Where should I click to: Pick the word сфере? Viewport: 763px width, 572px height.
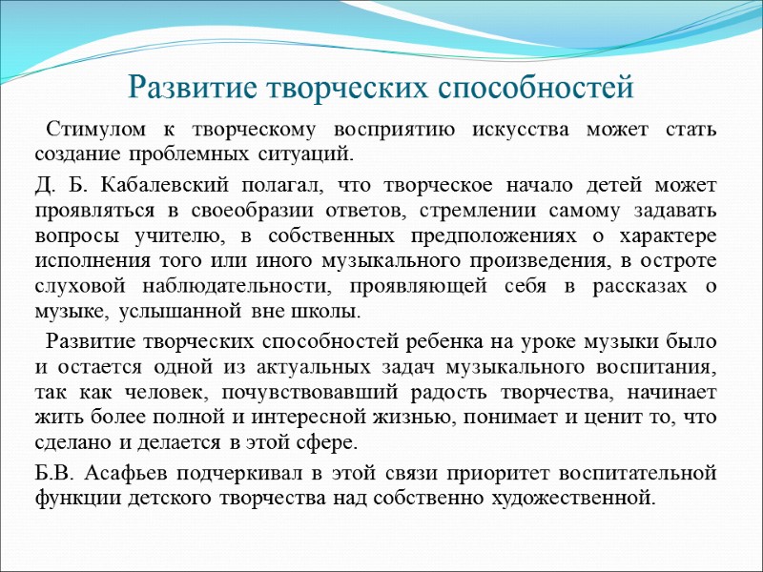point(330,443)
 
